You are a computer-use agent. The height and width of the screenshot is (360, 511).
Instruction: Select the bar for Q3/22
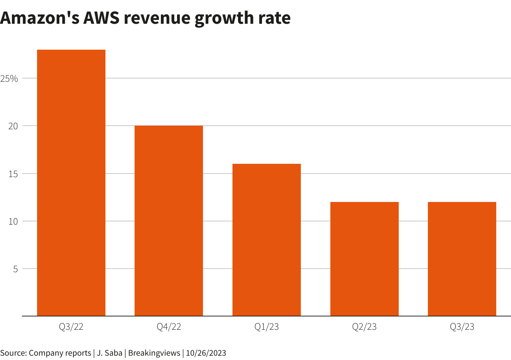[71, 183]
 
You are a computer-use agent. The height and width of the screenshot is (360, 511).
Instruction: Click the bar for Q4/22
[169, 221]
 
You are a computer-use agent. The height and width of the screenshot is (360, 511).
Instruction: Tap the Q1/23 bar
[267, 240]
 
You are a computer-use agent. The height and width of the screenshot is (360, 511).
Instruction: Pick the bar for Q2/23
[364, 259]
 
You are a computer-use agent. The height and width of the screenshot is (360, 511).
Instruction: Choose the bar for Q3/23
[462, 259]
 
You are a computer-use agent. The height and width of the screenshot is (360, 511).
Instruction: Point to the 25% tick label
[9, 78]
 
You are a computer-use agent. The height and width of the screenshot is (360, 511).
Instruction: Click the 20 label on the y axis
[13, 126]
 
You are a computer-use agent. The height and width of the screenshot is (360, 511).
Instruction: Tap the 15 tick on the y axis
[13, 174]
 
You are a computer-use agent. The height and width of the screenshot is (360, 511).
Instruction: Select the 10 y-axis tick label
[13, 221]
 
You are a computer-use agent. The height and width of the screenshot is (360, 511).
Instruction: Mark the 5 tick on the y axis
[15, 269]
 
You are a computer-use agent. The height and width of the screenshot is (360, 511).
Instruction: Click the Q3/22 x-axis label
[71, 327]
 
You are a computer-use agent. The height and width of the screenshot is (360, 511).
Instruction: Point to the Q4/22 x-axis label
[169, 327]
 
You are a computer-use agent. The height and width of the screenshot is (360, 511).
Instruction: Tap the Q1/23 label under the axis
[267, 327]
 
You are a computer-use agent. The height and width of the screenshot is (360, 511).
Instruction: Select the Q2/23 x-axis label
[364, 327]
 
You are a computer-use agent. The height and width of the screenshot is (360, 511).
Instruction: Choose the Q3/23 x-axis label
[462, 327]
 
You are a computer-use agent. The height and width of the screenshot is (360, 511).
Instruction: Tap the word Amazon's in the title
[40, 18]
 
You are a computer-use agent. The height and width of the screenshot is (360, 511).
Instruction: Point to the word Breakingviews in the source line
[154, 353]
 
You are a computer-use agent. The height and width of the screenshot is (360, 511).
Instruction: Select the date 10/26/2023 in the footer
[206, 353]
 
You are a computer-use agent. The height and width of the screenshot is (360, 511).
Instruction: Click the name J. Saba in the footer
[110, 353]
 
